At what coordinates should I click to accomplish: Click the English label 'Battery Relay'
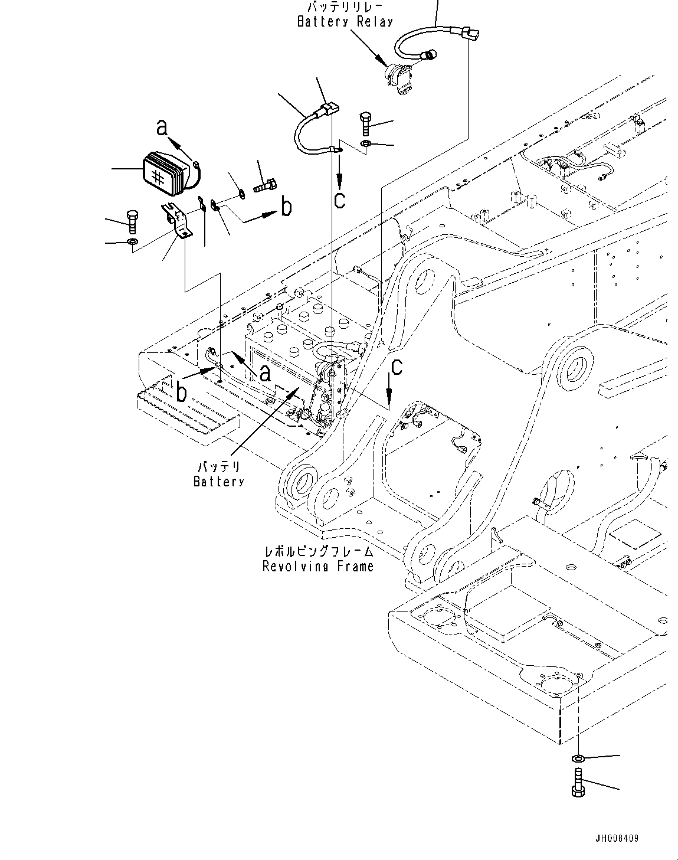tap(345, 22)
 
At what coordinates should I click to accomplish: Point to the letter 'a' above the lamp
tap(163, 127)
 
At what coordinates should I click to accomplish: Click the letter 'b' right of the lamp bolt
tap(286, 207)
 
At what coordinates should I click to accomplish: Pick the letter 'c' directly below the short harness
tap(340, 199)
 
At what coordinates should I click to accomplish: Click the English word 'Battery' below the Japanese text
tap(218, 482)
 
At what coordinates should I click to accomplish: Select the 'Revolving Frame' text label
tap(318, 567)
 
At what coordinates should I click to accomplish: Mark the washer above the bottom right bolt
tap(578, 758)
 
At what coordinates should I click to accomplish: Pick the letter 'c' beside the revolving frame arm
tap(397, 367)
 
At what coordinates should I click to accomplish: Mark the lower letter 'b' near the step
tap(181, 393)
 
